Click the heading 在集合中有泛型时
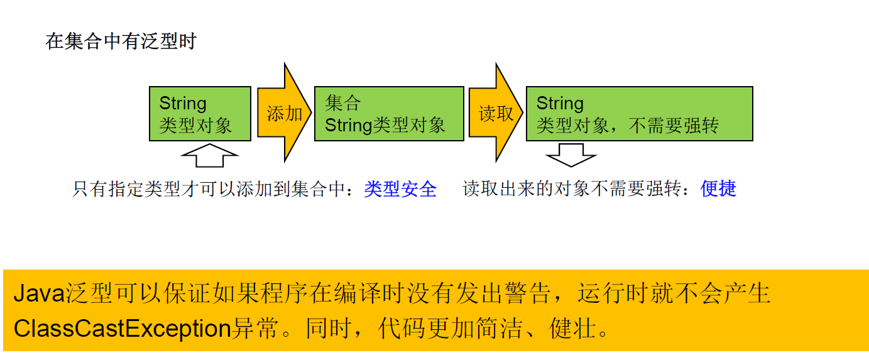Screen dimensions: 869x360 coord(121,41)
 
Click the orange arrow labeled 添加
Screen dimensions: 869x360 coord(285,112)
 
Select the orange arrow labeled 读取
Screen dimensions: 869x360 coord(496,112)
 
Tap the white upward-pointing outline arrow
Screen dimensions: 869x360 coord(209,155)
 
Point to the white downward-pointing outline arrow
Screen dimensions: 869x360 coord(571,155)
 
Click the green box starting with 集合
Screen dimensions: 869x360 coord(389,114)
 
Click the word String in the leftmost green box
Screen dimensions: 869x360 coord(183,104)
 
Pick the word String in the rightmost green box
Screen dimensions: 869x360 coord(560,104)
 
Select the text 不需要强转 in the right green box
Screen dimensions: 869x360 coord(674,125)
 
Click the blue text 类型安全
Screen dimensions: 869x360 coord(400,189)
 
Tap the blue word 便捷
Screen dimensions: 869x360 coord(718,189)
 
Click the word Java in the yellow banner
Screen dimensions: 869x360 coord(39,293)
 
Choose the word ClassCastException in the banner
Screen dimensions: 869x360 coord(122,329)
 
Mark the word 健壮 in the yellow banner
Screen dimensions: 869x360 coord(572,328)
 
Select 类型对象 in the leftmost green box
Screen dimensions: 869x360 coord(195,125)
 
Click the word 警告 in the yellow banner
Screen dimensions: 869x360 coord(528,293)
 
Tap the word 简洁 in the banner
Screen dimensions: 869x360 coord(499,328)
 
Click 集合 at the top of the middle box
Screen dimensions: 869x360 coord(343,103)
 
